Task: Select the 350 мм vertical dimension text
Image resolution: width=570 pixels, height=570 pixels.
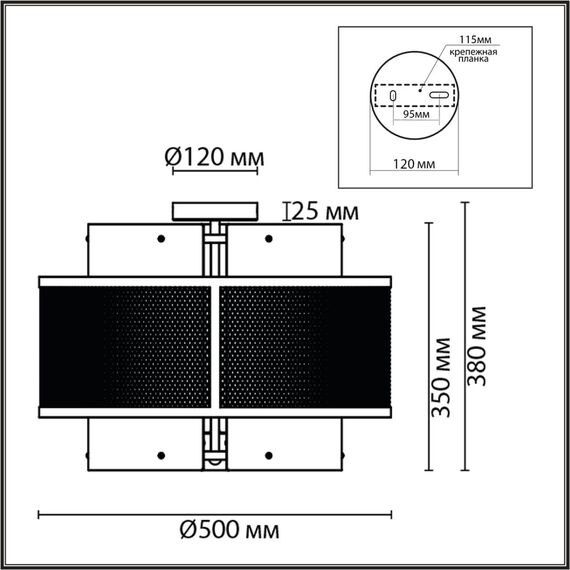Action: (444, 377)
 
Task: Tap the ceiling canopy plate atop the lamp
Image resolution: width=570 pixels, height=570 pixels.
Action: (215, 210)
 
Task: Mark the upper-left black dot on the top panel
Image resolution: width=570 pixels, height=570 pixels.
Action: (159, 239)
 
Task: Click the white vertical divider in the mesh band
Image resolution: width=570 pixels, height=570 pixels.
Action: (215, 346)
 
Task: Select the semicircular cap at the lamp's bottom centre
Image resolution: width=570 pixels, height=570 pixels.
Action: (215, 464)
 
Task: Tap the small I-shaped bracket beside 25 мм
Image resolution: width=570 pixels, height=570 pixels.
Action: (289, 212)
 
